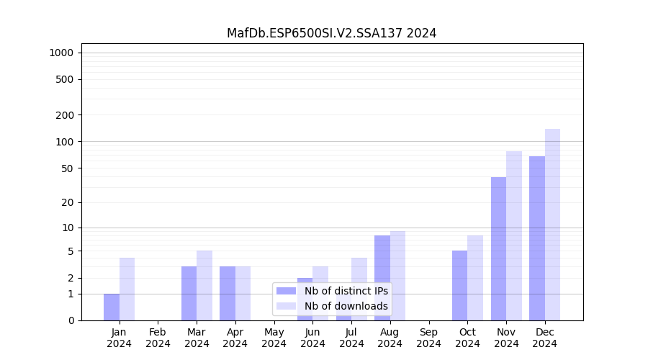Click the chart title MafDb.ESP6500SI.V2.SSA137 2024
(331, 33)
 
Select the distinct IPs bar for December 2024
(537, 238)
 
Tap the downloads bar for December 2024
(552, 225)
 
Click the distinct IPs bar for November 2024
(498, 248)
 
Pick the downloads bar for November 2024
(514, 235)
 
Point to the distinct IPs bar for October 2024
(459, 285)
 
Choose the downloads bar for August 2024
(397, 276)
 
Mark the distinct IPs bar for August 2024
(382, 278)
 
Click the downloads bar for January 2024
(127, 289)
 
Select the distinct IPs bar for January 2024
(112, 307)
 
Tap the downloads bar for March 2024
(204, 285)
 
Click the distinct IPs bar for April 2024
(228, 293)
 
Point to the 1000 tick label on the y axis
(61, 53)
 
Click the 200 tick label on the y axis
(64, 115)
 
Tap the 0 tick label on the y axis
(71, 320)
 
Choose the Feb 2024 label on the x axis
(158, 338)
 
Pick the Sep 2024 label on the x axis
(428, 338)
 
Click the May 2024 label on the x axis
(274, 338)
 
